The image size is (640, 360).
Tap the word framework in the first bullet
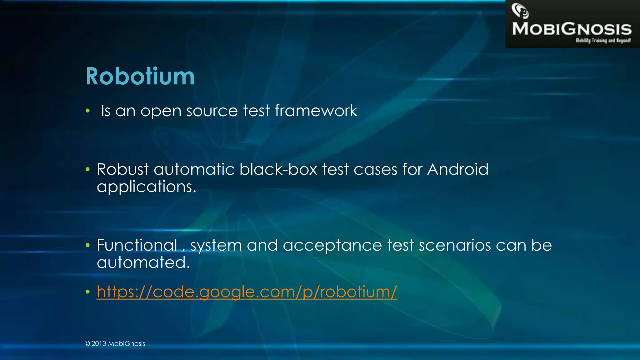click(x=316, y=111)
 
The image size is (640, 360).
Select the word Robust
click(x=122, y=169)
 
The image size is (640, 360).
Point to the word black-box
click(x=278, y=169)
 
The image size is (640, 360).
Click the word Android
click(x=457, y=169)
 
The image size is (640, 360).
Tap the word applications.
click(x=146, y=187)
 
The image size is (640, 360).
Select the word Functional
click(x=137, y=245)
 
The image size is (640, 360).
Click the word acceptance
click(x=332, y=246)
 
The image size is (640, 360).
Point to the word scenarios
click(x=455, y=245)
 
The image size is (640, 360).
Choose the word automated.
click(x=143, y=262)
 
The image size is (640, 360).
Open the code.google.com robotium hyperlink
click(x=247, y=292)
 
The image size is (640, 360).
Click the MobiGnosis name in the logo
click(x=572, y=29)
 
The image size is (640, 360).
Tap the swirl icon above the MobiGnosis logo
click(x=520, y=11)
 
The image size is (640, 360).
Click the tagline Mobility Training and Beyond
click(x=603, y=40)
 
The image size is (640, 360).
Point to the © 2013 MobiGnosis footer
click(x=115, y=343)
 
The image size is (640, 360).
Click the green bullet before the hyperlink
click(x=88, y=292)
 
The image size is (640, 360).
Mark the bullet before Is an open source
click(x=88, y=111)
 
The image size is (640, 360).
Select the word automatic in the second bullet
click(x=194, y=169)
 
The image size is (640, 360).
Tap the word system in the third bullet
click(x=216, y=246)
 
